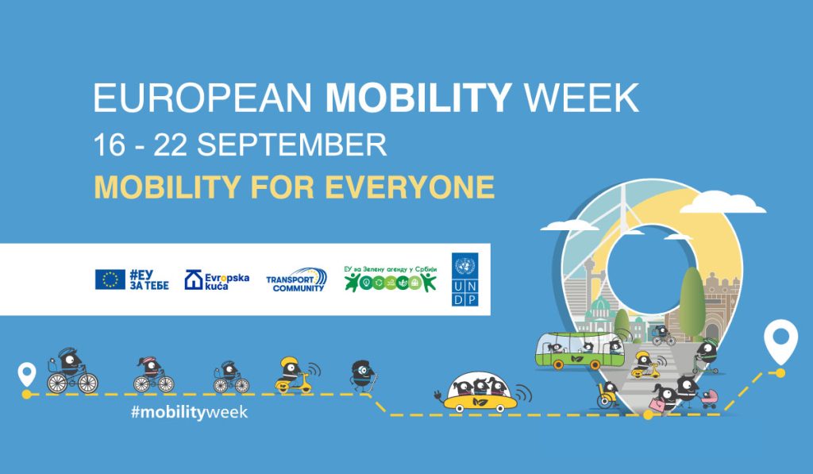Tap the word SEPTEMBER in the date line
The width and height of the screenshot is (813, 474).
click(291, 145)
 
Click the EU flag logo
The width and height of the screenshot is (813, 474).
click(110, 279)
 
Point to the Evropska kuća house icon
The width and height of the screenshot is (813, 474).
click(194, 279)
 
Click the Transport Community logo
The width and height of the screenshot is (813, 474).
click(296, 280)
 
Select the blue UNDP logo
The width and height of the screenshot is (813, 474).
click(464, 279)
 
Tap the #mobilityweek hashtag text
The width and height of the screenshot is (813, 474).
click(189, 412)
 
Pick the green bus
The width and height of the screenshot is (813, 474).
click(580, 350)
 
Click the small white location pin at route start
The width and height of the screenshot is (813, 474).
click(26, 374)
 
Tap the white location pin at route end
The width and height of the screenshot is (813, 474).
click(780, 342)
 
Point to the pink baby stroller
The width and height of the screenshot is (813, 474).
click(710, 399)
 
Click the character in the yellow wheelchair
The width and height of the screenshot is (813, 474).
click(607, 395)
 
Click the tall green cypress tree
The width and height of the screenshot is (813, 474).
click(692, 303)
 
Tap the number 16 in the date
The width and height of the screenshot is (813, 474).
click(110, 145)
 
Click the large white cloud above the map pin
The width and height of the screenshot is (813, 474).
click(722, 202)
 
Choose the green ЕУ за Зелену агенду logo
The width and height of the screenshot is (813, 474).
click(391, 279)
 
